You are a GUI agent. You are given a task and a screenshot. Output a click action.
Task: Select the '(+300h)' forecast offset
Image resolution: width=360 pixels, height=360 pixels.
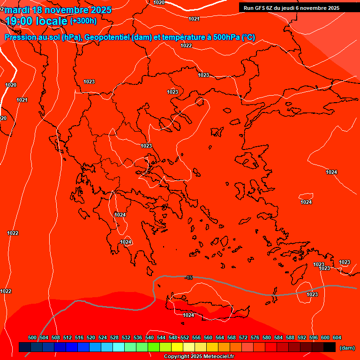click(83, 21)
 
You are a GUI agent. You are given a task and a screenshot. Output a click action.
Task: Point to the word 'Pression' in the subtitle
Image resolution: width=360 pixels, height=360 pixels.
click(18, 37)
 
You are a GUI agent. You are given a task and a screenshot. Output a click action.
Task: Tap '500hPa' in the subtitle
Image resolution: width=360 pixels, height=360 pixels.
click(227, 37)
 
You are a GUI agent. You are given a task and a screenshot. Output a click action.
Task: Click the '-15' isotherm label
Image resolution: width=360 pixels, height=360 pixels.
click(189, 278)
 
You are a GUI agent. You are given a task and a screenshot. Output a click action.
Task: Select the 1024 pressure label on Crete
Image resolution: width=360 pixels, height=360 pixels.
click(188, 315)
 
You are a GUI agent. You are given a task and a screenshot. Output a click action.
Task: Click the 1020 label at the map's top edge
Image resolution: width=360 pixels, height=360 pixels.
click(159, 2)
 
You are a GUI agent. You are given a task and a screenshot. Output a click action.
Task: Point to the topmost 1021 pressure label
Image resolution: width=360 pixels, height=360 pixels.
click(194, 19)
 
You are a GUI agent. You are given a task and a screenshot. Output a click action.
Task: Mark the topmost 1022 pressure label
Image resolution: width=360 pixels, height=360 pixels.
click(186, 45)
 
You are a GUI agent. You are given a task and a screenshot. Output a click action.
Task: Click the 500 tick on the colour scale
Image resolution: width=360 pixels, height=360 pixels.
click(32, 337)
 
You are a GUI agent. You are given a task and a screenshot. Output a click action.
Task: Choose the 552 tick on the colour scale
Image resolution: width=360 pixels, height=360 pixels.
click(185, 337)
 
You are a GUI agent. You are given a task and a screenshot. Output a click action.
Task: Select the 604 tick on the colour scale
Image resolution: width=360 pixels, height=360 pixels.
click(337, 337)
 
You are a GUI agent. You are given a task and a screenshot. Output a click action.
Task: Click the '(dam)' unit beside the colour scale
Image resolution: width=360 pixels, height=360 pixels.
click(347, 348)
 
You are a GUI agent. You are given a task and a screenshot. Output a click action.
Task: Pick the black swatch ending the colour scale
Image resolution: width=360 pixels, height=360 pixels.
click(330, 347)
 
